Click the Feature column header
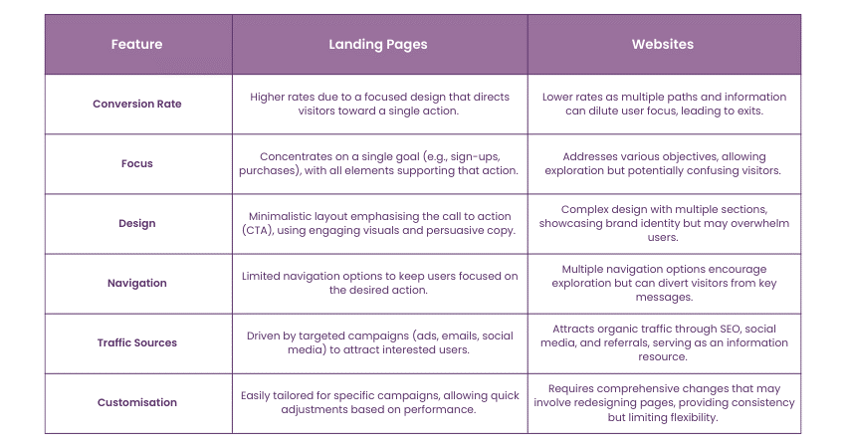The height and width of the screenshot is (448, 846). pos(137,45)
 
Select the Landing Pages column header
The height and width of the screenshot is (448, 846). pos(378,45)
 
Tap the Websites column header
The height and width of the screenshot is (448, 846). pos(664,45)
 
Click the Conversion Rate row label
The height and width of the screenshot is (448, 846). pos(137,104)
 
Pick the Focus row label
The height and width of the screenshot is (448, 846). pos(137,163)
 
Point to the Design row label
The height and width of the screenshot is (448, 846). pos(137,223)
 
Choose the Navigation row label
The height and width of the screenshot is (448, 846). pos(137,283)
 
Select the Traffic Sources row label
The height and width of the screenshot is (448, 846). pos(137,342)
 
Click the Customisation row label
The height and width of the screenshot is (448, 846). pos(137,402)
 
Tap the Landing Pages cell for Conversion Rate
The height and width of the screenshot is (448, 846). pos(378,104)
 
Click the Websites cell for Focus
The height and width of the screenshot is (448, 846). pos(664,163)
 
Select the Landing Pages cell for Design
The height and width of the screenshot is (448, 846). pos(378,223)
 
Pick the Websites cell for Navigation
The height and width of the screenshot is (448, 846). pos(664,283)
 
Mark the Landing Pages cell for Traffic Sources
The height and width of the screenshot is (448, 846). pos(378,342)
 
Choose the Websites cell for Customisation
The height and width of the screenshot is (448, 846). pos(664,402)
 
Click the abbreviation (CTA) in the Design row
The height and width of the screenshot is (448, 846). pos(259,231)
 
